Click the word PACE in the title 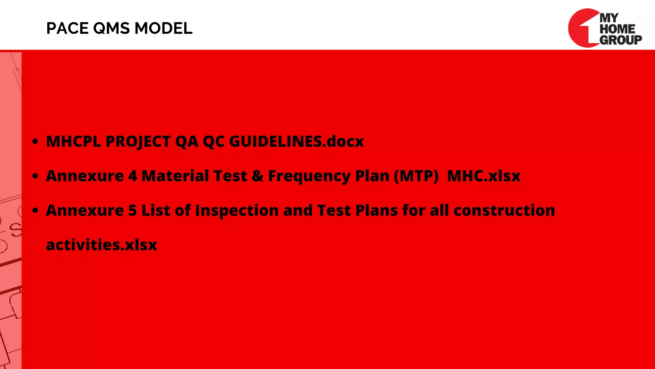pyautogui.click(x=67, y=29)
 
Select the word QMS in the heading pyautogui.click(x=111, y=29)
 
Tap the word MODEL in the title pyautogui.click(x=163, y=29)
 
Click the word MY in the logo pyautogui.click(x=609, y=18)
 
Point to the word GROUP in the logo pyautogui.click(x=620, y=40)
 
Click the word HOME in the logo pyautogui.click(x=617, y=29)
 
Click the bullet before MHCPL pyautogui.click(x=36, y=142)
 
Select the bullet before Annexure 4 pyautogui.click(x=36, y=176)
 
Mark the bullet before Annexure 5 pyautogui.click(x=36, y=210)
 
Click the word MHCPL pyautogui.click(x=73, y=142)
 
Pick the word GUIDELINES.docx pyautogui.click(x=296, y=142)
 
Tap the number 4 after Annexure pyautogui.click(x=132, y=176)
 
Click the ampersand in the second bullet pyautogui.click(x=257, y=176)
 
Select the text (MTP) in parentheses pyautogui.click(x=416, y=176)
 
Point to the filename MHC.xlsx pyautogui.click(x=484, y=176)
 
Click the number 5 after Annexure pyautogui.click(x=132, y=210)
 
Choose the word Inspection pyautogui.click(x=237, y=210)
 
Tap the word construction pyautogui.click(x=504, y=210)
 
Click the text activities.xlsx pyautogui.click(x=102, y=245)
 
